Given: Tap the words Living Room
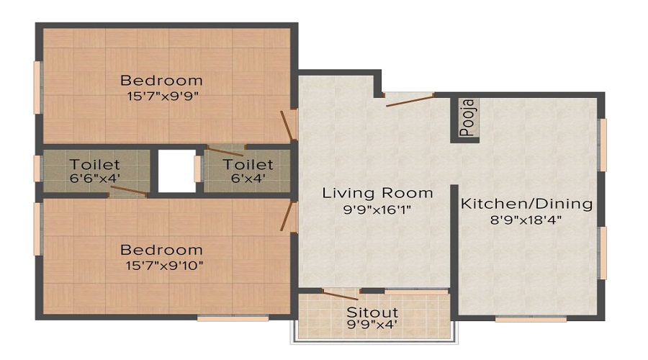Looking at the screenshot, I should (377, 193).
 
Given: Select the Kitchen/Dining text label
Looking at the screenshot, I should (526, 204).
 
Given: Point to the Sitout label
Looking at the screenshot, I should (373, 312).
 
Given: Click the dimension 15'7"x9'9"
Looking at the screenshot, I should (161, 94).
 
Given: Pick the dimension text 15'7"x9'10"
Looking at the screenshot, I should (161, 265).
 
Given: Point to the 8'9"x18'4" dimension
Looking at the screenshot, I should (526, 220).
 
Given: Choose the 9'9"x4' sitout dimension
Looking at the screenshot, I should (373, 325).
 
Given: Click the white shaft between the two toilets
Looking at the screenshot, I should (176, 171).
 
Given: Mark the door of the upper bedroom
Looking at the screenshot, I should (288, 125).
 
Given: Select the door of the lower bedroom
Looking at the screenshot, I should (289, 217).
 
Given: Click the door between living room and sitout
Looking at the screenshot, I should (340, 294).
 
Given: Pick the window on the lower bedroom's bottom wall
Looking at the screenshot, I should (222, 317).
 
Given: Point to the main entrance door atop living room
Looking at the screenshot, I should (409, 99).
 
